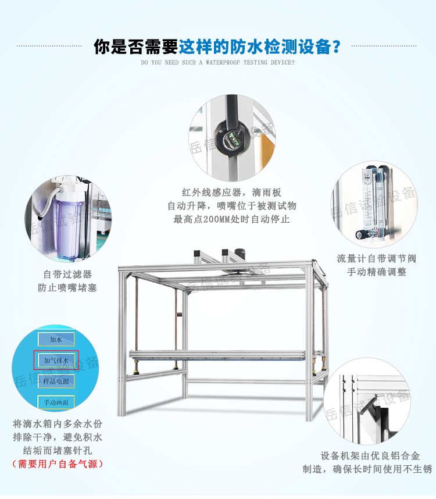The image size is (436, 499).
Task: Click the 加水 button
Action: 56,340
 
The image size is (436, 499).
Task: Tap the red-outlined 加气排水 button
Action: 56,361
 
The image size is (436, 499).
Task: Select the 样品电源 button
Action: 56,381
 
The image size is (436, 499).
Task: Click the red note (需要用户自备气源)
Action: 58,464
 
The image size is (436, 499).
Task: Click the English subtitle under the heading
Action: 217,62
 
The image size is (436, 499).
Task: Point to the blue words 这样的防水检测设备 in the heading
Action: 259,46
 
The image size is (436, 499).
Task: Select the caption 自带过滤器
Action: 67,275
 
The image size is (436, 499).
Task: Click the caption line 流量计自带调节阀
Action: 377,258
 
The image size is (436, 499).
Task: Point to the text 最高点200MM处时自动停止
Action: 231,219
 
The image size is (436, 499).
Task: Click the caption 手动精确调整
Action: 377,272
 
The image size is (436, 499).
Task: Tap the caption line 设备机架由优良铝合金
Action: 370,455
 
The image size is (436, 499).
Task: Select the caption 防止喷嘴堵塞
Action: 67,288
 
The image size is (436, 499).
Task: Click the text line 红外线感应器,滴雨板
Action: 231,192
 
